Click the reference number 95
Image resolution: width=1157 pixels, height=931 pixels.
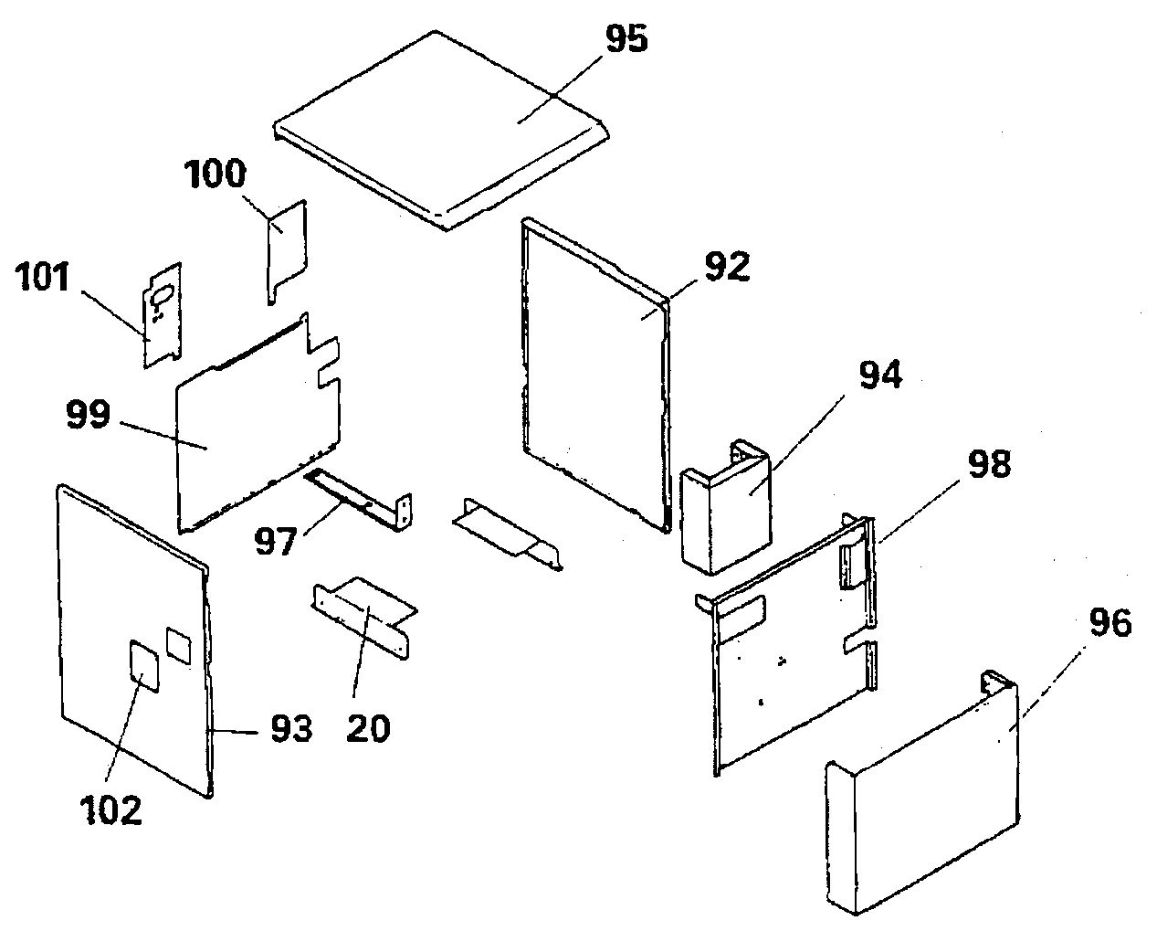[x=626, y=39]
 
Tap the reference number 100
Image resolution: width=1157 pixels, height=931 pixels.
[x=216, y=174]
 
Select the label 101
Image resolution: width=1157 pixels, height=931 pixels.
[x=43, y=277]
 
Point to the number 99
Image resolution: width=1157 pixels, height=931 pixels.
[x=89, y=414]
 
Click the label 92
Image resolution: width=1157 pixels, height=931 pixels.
[x=728, y=268]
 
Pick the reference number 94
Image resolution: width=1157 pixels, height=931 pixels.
[x=880, y=375]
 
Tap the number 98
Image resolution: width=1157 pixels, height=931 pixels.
[x=990, y=463]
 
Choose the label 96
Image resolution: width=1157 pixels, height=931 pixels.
[x=1110, y=623]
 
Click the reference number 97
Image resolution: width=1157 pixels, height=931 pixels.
[x=276, y=541]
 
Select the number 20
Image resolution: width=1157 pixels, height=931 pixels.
[x=368, y=729]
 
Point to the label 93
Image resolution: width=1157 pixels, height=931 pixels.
[x=291, y=730]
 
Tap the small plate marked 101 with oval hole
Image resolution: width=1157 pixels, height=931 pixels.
[x=163, y=315]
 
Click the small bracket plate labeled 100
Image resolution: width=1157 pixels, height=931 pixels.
[x=287, y=251]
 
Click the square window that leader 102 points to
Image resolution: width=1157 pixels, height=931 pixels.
[x=144, y=666]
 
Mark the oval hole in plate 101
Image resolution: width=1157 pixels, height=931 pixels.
[x=163, y=295]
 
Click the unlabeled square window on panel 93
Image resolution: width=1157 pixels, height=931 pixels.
[x=178, y=646]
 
